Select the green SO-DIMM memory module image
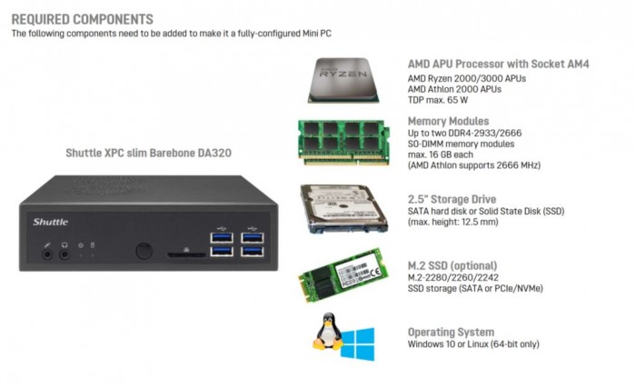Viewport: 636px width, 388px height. pyautogui.click(x=345, y=141)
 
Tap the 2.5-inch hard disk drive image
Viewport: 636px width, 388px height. pyautogui.click(x=343, y=208)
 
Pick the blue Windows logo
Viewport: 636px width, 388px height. pyautogui.click(x=358, y=343)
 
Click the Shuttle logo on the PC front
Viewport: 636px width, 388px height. pyautogui.click(x=51, y=221)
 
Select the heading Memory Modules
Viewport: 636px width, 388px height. pyautogui.click(x=449, y=121)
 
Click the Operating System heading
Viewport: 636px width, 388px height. pyautogui.click(x=451, y=332)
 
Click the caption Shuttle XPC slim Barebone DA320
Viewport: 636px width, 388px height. pyautogui.click(x=149, y=153)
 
